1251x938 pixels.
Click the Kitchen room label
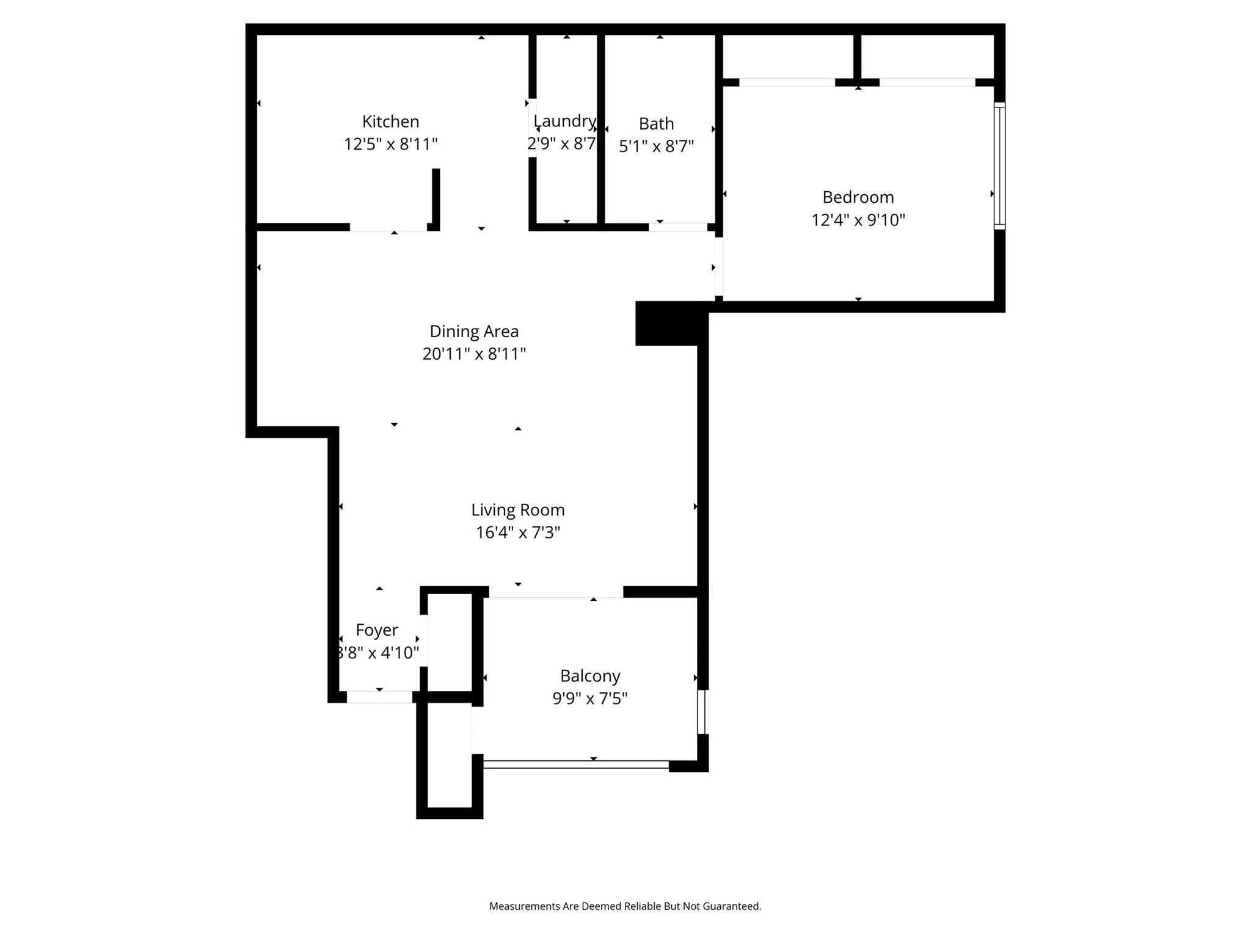[x=390, y=122]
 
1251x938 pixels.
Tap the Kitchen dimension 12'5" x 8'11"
[x=390, y=145]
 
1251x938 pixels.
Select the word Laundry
[x=564, y=121]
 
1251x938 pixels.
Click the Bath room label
[x=656, y=124]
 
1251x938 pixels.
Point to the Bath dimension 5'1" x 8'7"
[x=656, y=147]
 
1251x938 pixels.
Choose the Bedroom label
[x=858, y=197]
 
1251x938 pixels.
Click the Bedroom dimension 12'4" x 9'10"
[x=858, y=220]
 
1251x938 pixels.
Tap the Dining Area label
[x=474, y=332]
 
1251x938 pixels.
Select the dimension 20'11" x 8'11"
[x=474, y=354]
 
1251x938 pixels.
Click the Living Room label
[x=517, y=510]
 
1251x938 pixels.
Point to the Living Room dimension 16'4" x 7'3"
[x=517, y=533]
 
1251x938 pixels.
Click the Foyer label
[x=376, y=630]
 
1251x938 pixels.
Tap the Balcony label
[x=590, y=676]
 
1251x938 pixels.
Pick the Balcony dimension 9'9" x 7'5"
[x=590, y=698]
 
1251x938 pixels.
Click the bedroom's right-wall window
[x=999, y=165]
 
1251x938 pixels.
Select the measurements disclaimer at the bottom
[x=625, y=906]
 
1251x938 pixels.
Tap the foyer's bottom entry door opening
[x=379, y=697]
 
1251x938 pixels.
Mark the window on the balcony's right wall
[x=702, y=711]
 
